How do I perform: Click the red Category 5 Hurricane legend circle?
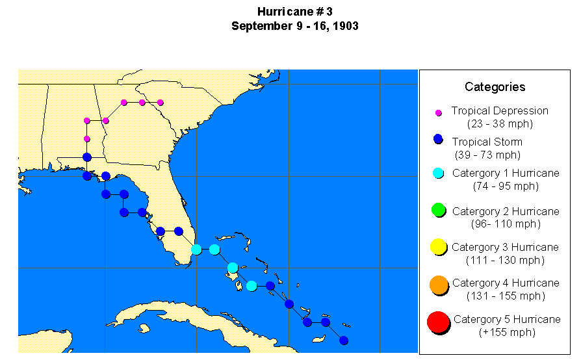tap(438, 321)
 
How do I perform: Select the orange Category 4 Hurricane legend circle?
tap(439, 284)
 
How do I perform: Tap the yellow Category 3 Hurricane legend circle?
tap(438, 247)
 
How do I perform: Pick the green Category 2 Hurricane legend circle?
tap(438, 210)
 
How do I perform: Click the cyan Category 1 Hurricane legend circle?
tap(439, 173)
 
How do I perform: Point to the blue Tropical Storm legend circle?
tap(439, 139)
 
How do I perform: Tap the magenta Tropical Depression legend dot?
tap(439, 112)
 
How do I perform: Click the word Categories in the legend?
tap(495, 87)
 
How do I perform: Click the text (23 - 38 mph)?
tap(500, 123)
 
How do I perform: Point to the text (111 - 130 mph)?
tap(505, 260)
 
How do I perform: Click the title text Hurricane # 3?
tap(294, 12)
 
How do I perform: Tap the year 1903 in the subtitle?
tap(345, 26)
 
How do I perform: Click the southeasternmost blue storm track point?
tap(344, 340)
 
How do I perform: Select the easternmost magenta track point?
tap(161, 102)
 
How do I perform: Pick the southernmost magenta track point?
tap(87, 138)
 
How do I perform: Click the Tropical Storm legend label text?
tap(487, 142)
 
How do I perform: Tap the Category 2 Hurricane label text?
tap(505, 211)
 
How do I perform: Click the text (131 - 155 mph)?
tap(505, 296)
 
